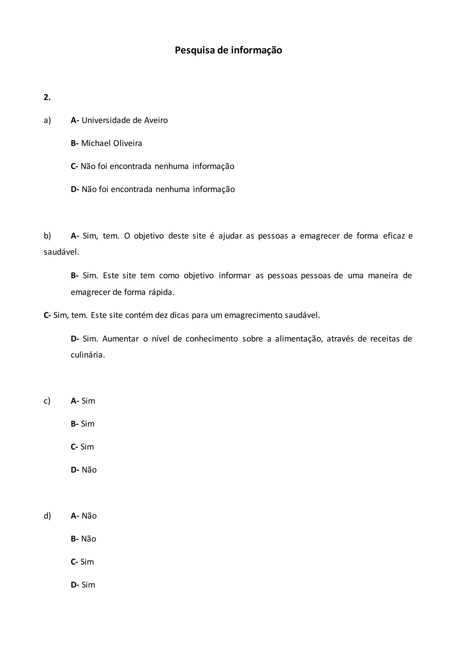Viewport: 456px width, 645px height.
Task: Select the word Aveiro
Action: click(x=156, y=120)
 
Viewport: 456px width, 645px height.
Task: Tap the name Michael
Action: click(x=96, y=143)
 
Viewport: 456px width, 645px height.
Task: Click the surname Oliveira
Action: click(x=128, y=143)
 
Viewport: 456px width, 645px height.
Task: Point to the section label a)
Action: click(x=47, y=120)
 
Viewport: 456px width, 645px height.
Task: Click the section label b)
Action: click(x=47, y=236)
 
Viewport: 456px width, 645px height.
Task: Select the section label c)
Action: click(x=47, y=401)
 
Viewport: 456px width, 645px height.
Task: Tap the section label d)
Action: click(x=47, y=516)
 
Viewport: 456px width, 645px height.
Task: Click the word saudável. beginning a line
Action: click(x=61, y=252)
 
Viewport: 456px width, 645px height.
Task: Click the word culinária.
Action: click(x=88, y=355)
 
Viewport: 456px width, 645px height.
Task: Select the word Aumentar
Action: click(x=120, y=339)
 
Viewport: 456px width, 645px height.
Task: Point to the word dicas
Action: click(x=179, y=315)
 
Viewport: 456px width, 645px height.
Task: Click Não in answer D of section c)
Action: click(x=89, y=470)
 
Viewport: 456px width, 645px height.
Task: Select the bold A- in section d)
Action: click(x=75, y=516)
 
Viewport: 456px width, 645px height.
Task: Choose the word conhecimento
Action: click(x=212, y=339)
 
